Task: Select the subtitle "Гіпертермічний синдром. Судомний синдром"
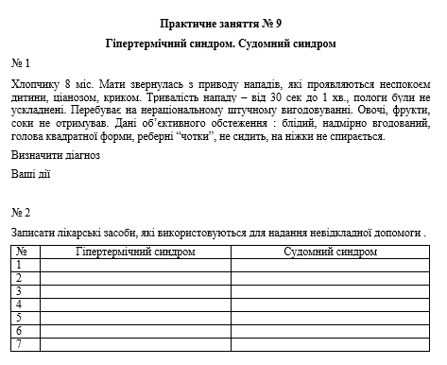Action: coord(222,43)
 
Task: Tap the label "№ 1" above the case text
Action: coord(21,63)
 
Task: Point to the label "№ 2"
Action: coord(21,212)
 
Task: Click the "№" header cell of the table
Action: coord(21,252)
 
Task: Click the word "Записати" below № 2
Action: coord(32,232)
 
